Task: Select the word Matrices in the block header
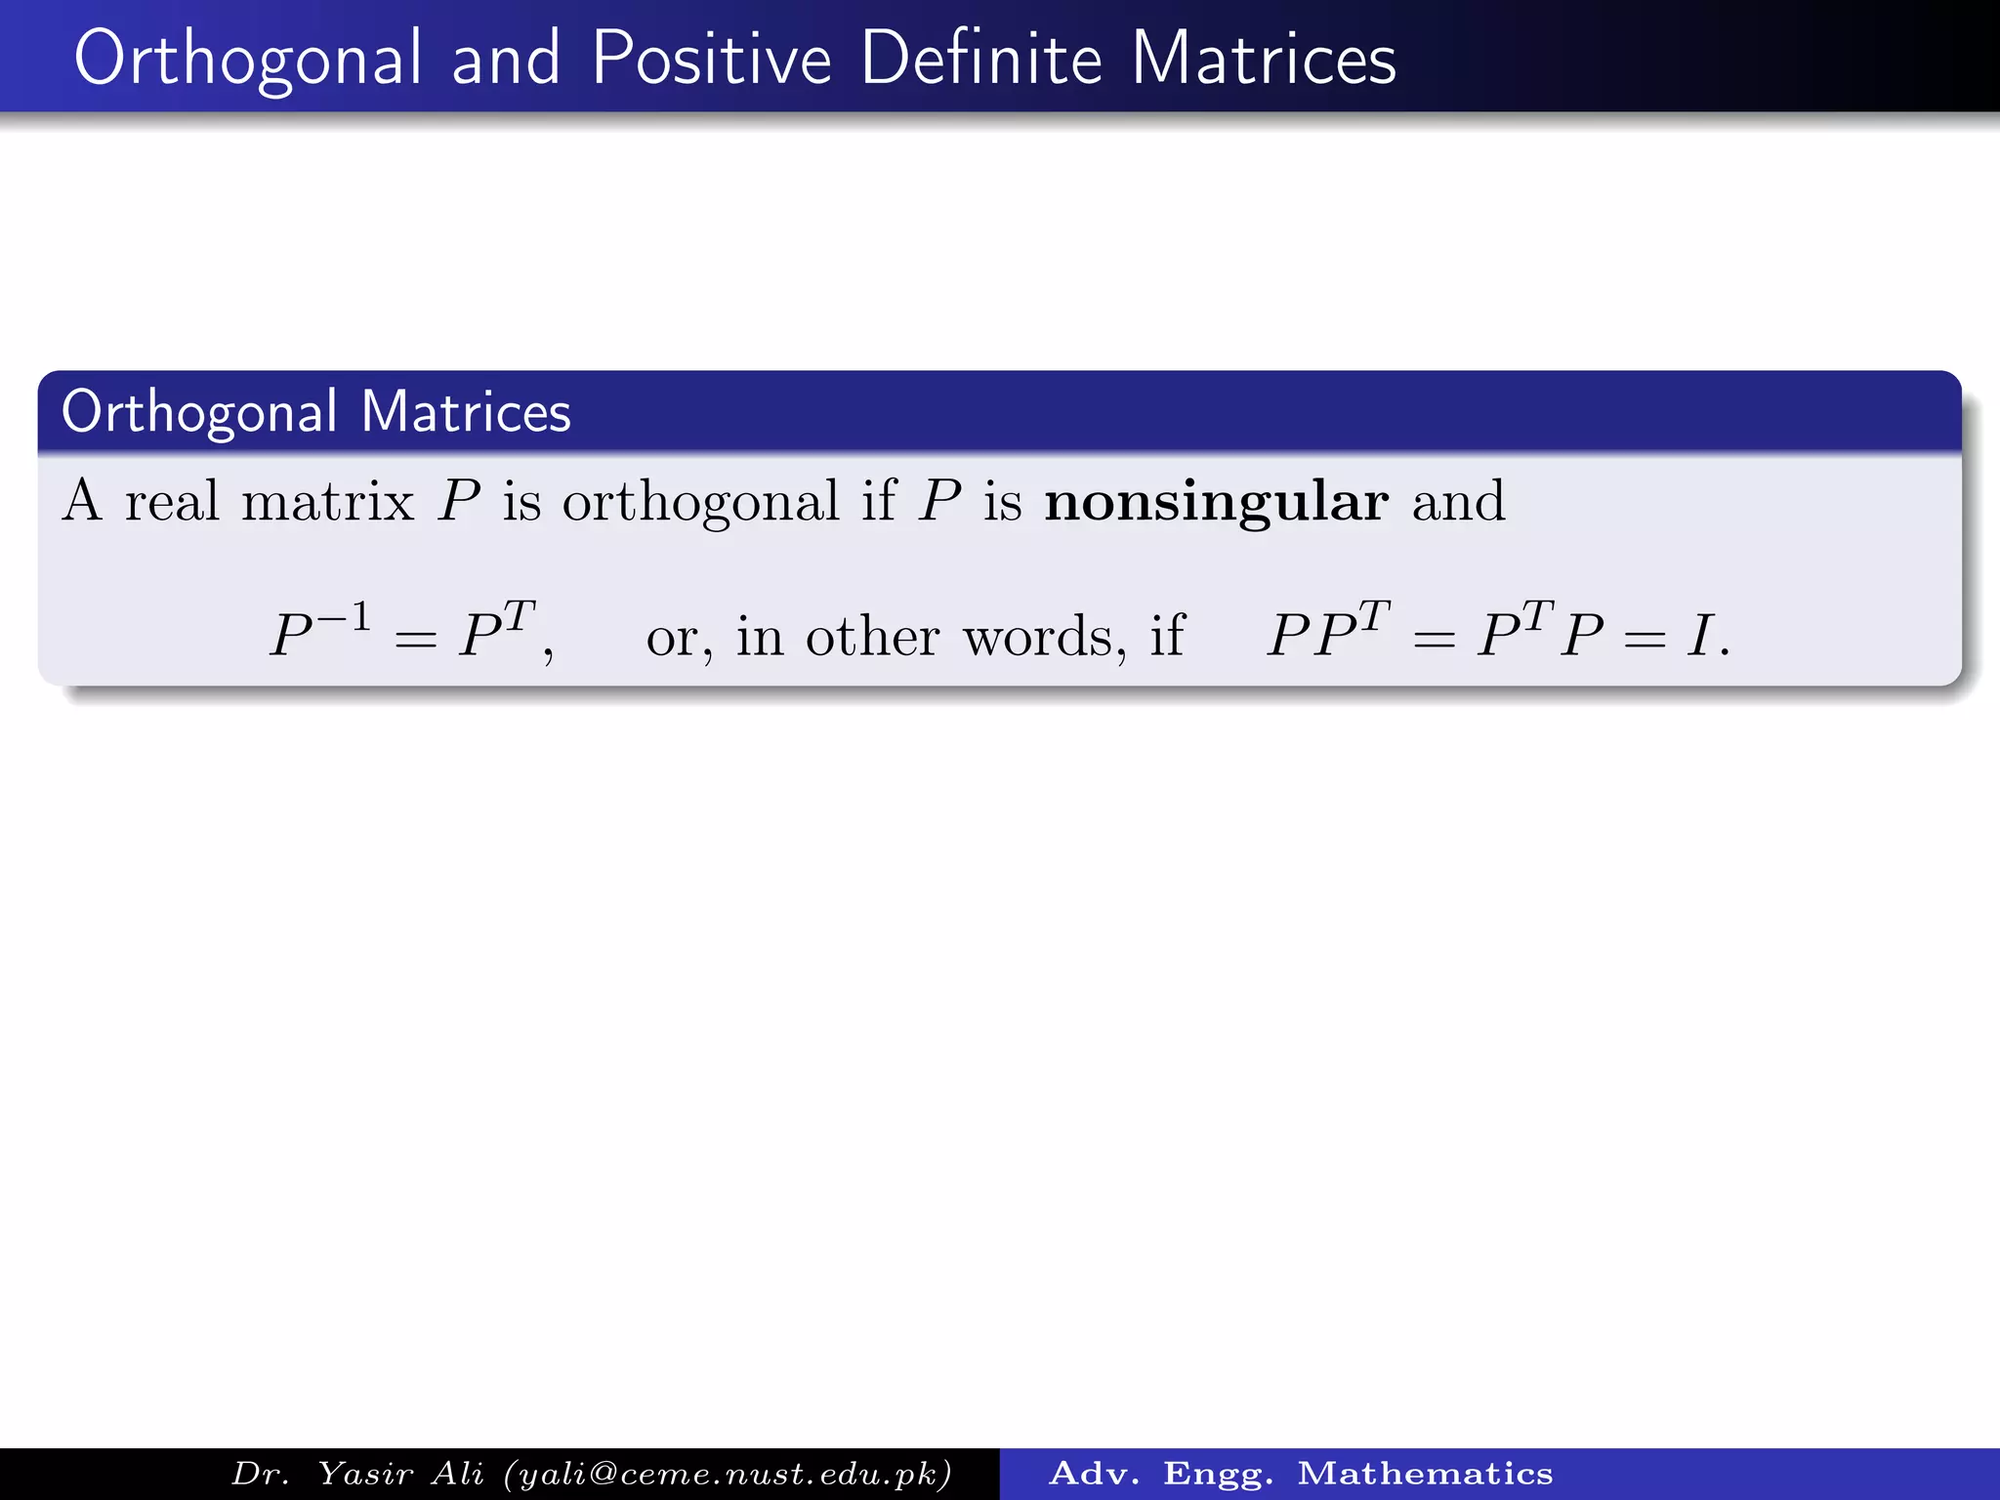tap(466, 412)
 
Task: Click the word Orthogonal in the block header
tap(199, 412)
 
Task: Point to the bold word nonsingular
tap(1216, 502)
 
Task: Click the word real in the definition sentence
tap(172, 502)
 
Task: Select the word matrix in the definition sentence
tap(327, 502)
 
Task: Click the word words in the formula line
tap(1044, 637)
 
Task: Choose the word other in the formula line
tap(872, 637)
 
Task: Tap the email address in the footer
tap(729, 1474)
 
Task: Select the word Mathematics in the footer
tap(1425, 1474)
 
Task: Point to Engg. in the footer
tap(1218, 1474)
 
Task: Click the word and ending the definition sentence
tap(1458, 502)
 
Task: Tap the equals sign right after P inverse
tap(415, 641)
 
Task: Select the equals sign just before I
tap(1645, 641)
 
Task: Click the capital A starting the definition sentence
tap(82, 502)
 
